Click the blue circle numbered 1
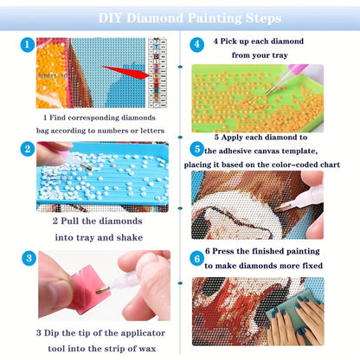point(28,45)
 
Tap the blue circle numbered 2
point(28,149)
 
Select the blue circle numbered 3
point(29,258)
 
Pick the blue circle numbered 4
point(197,45)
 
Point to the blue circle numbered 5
point(197,150)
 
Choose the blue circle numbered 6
point(197,259)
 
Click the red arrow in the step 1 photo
point(125,72)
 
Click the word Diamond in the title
point(155,18)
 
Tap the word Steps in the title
point(263,18)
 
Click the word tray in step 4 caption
point(280,55)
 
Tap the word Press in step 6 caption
point(223,251)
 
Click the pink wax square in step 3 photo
point(90,289)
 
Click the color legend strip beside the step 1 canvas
point(157,73)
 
